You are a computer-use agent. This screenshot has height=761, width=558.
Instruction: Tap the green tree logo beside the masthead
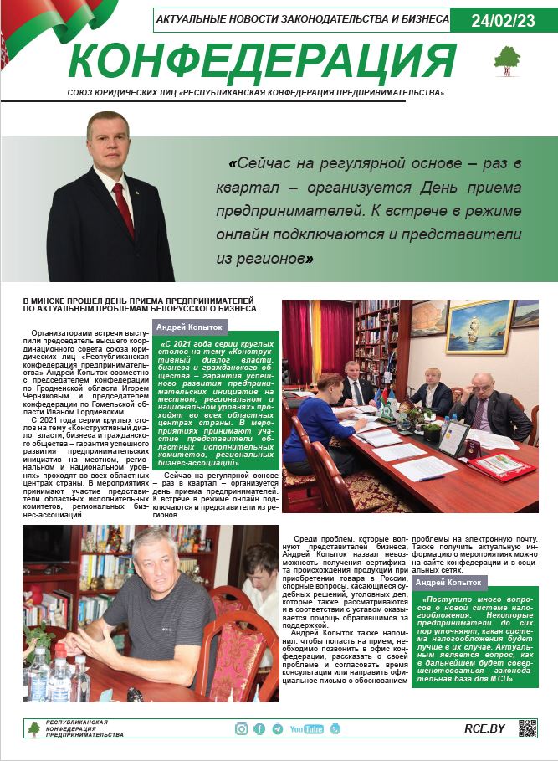506,59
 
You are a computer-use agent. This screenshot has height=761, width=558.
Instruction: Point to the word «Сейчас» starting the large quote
272,162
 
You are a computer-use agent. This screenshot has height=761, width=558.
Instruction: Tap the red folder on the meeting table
503,466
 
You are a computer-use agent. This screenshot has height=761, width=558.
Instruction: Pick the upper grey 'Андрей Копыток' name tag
189,327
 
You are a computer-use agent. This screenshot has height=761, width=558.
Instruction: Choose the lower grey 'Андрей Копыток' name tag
448,582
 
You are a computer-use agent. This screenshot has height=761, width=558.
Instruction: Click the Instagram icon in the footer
241,728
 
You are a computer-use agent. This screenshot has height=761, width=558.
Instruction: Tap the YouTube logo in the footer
306,728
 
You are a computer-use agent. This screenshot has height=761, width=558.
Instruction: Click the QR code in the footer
527,728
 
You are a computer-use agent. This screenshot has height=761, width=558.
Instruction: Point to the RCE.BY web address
484,728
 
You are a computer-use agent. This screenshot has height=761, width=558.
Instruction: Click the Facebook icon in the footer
259,728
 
